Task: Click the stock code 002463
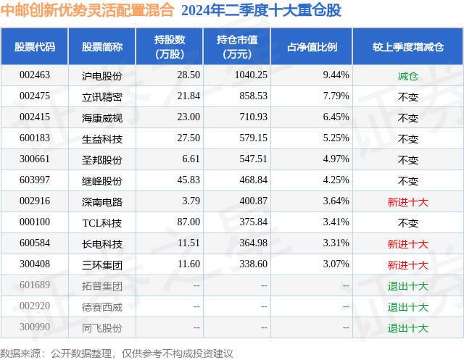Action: [35, 75]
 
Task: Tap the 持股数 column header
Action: [170, 47]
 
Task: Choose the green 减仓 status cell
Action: [408, 75]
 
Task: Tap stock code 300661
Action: [35, 159]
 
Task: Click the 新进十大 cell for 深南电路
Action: [408, 201]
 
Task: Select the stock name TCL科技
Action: [102, 222]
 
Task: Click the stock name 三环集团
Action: [102, 264]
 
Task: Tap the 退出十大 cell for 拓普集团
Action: [408, 285]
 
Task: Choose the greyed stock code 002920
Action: [35, 306]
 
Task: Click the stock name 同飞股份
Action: [102, 327]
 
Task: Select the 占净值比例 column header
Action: [312, 47]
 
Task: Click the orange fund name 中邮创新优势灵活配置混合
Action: [88, 10]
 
